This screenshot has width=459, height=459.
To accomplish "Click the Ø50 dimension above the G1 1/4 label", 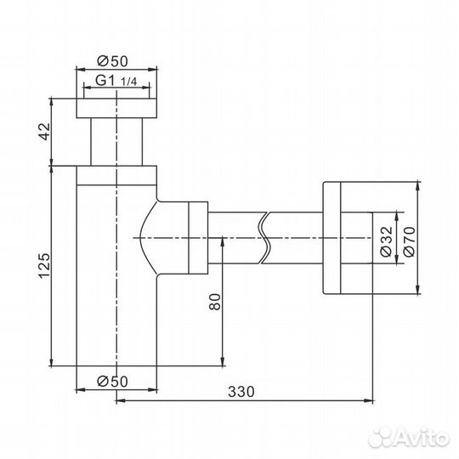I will pyautogui.click(x=115, y=60).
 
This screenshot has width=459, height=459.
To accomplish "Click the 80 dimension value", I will pyautogui.click(x=214, y=302).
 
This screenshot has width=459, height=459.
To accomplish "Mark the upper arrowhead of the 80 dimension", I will pyautogui.click(x=223, y=241).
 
